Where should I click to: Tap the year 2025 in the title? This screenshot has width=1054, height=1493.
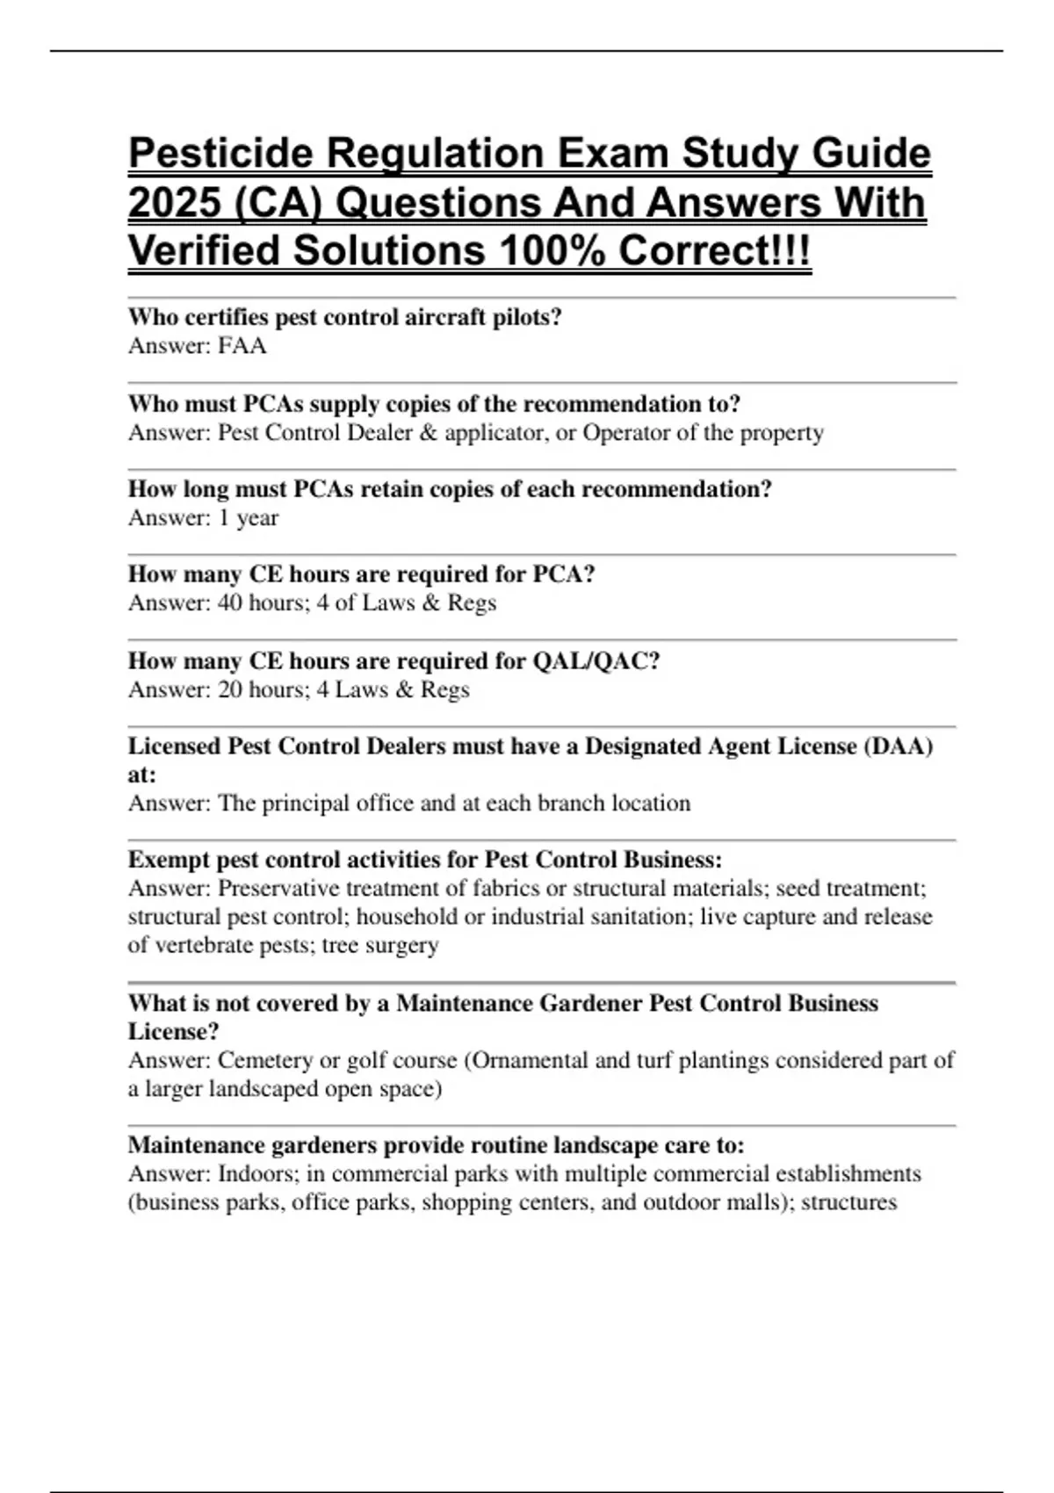point(173,203)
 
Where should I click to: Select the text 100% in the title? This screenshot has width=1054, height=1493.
point(552,251)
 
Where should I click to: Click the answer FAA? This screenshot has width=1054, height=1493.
point(242,346)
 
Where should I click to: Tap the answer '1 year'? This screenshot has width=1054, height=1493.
point(249,518)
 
